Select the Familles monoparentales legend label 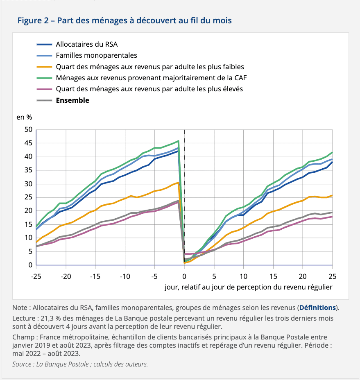tap(96, 55)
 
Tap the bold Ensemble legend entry tap(72, 100)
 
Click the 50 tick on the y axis tap(28, 130)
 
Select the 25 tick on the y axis tap(28, 197)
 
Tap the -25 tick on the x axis tap(36, 276)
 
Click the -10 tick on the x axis tap(125, 276)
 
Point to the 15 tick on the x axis tap(273, 276)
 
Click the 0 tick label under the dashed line tap(184, 276)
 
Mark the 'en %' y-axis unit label tap(24, 117)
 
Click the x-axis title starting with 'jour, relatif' tap(248, 287)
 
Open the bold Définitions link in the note tap(318, 308)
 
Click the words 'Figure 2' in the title tap(33, 20)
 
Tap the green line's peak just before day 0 tap(179, 141)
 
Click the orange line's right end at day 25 tap(332, 195)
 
